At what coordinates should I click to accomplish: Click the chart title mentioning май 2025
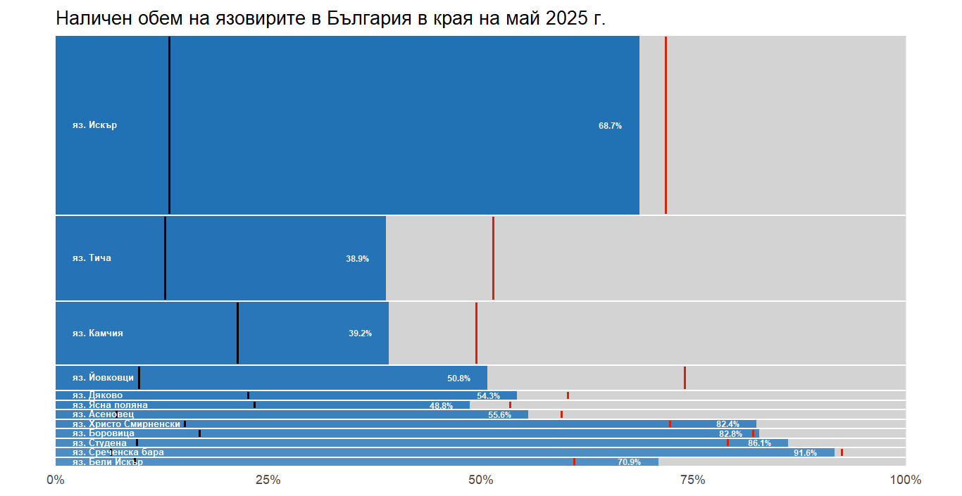point(330,19)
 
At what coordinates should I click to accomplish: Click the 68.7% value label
point(610,126)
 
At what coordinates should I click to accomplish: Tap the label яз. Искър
point(94,125)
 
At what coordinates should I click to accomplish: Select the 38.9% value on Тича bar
point(357,259)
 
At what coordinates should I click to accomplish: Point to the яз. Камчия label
point(97,333)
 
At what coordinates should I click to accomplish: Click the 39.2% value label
point(360,333)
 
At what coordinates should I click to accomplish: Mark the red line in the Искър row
point(666,125)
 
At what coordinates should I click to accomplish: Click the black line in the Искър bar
point(169,125)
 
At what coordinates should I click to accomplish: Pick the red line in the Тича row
point(493,258)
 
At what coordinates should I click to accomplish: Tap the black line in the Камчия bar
point(237,333)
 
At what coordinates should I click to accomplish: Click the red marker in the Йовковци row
point(685,378)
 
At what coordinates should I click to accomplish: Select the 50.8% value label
point(458,379)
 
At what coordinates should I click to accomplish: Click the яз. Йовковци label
point(103,378)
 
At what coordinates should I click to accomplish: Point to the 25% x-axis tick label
point(268,480)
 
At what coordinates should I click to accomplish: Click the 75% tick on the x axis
point(693,480)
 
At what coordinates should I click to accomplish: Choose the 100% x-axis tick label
point(906,480)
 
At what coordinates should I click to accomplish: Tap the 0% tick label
point(56,480)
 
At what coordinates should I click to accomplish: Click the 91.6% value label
point(805,453)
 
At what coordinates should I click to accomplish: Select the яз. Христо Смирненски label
point(120,424)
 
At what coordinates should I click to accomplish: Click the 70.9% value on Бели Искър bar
point(629,462)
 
